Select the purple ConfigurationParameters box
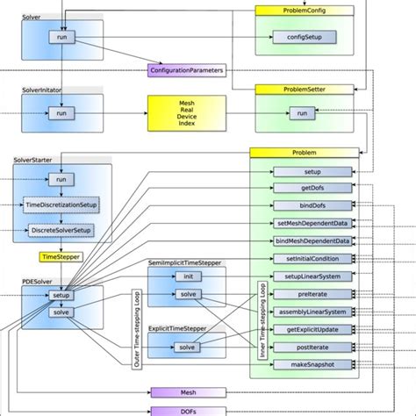[x=186, y=69]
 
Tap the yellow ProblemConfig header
[x=298, y=11]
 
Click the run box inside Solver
[x=61, y=37]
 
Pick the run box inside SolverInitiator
[x=61, y=113]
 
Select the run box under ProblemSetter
[x=301, y=113]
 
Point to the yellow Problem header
[x=303, y=152]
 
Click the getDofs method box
[x=312, y=188]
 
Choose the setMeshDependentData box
[x=312, y=223]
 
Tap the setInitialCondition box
[x=312, y=259]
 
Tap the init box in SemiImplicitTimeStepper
[x=187, y=276]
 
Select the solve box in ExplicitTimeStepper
[x=187, y=347]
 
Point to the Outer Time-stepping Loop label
[x=136, y=329]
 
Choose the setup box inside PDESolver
[x=61, y=296]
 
